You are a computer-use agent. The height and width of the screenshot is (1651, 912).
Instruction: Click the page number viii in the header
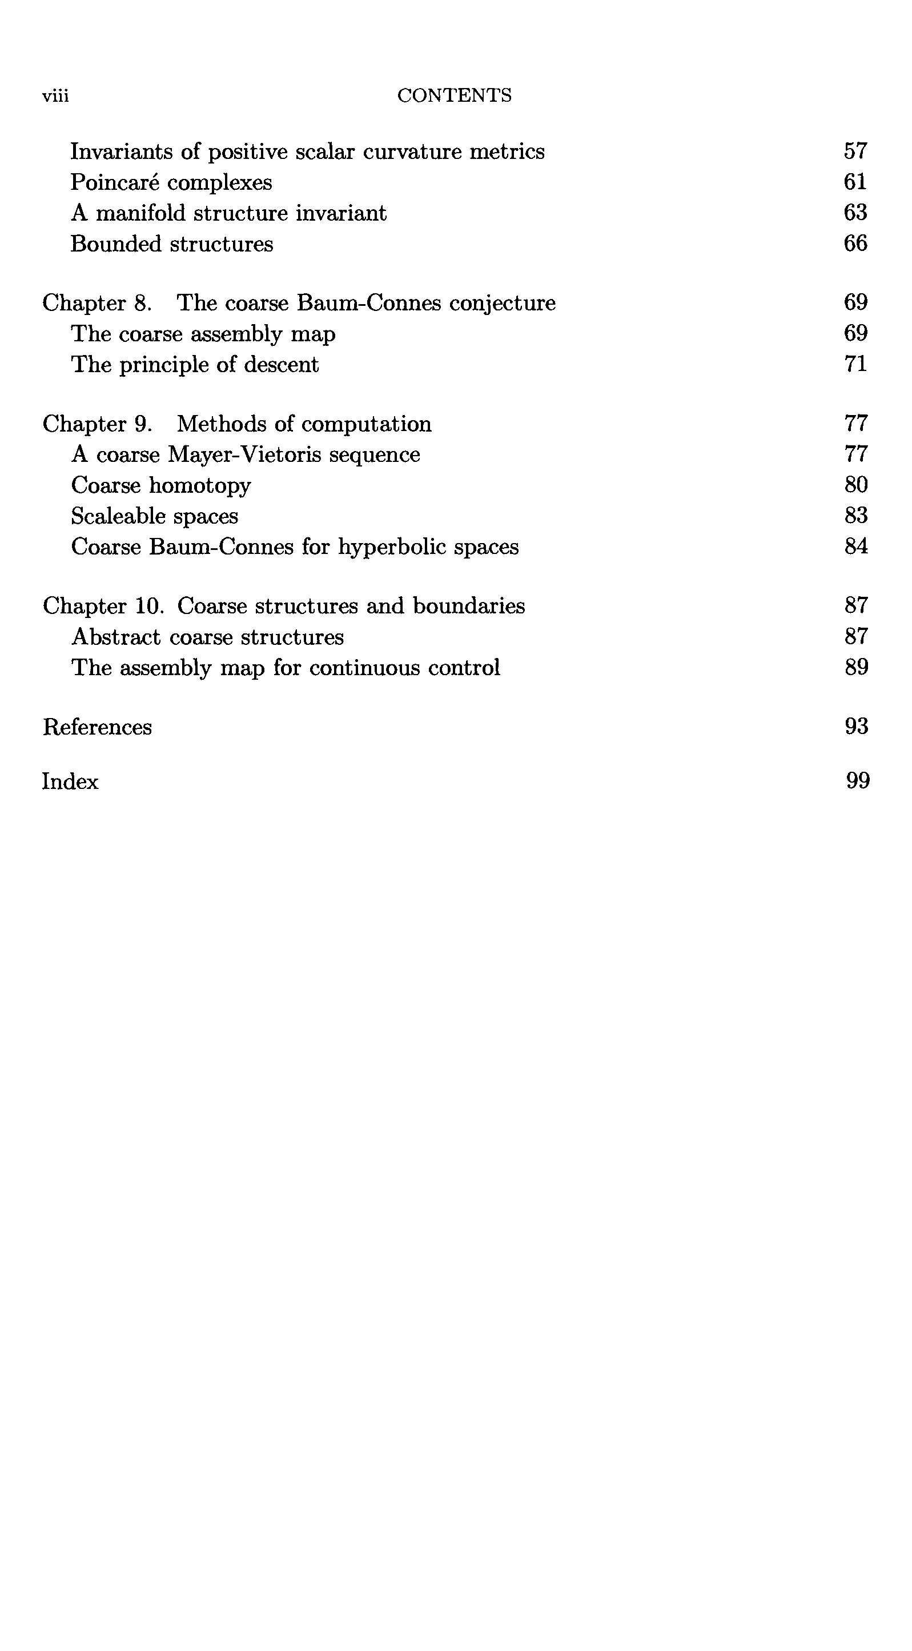coord(56,96)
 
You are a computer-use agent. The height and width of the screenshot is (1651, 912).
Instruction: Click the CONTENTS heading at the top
coord(454,95)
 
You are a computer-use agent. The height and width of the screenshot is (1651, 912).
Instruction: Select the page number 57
coord(855,151)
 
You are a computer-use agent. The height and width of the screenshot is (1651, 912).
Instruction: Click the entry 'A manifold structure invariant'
coord(228,213)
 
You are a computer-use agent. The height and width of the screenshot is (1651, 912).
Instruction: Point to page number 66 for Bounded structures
coord(855,244)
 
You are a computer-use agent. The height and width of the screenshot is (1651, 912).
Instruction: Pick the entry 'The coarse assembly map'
coord(203,334)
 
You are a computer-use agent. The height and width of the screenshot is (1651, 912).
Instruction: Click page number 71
coord(855,364)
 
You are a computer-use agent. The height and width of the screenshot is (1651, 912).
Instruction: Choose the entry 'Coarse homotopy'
coord(160,486)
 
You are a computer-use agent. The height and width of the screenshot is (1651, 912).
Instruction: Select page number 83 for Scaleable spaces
coord(855,516)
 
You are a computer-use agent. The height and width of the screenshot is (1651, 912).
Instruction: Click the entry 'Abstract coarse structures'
coord(207,637)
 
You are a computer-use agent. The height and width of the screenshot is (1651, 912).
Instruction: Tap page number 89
coord(856,668)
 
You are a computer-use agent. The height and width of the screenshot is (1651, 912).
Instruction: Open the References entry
coord(97,727)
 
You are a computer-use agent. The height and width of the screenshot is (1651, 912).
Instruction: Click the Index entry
coord(70,782)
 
